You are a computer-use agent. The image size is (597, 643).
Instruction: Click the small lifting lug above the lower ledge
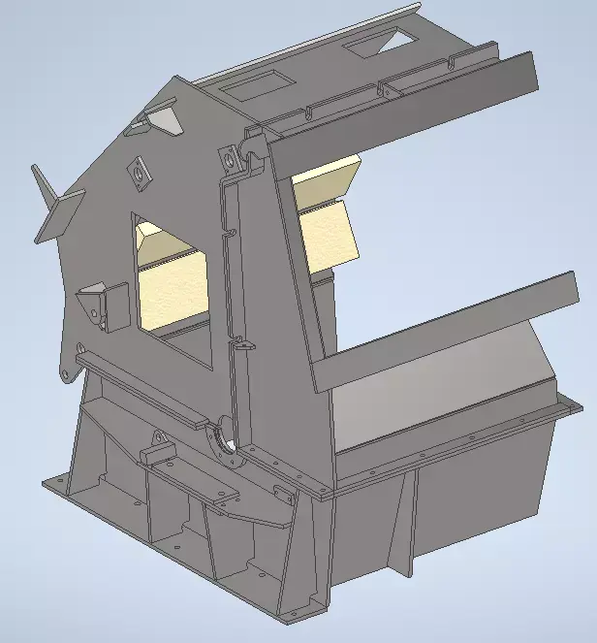[x=155, y=447]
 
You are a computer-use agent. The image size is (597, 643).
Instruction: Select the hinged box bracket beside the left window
[x=105, y=305]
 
